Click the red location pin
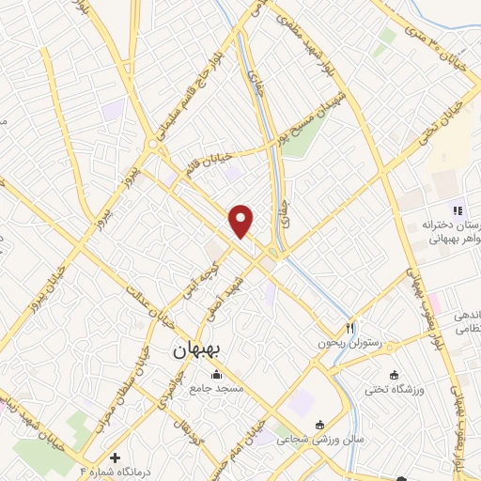pyautogui.click(x=242, y=220)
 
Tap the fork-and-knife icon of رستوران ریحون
pyautogui.click(x=349, y=328)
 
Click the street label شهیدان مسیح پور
pyautogui.click(x=319, y=115)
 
